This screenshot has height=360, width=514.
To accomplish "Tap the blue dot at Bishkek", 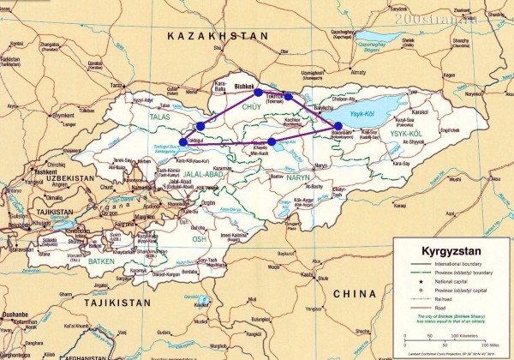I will click(258, 93).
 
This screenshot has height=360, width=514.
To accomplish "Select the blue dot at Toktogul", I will click(182, 142).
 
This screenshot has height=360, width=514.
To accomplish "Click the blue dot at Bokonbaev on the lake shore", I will click(338, 127).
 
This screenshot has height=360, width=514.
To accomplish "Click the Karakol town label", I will click(418, 111).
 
